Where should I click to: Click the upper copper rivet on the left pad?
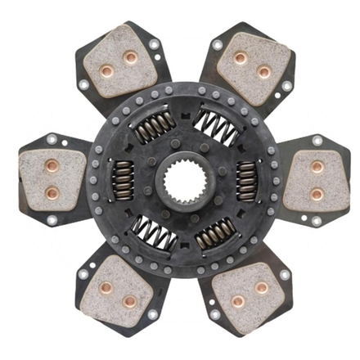click(51, 167)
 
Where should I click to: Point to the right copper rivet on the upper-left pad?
click(129, 56)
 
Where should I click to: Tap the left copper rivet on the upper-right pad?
click(241, 59)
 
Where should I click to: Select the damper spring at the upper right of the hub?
click(215, 126)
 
